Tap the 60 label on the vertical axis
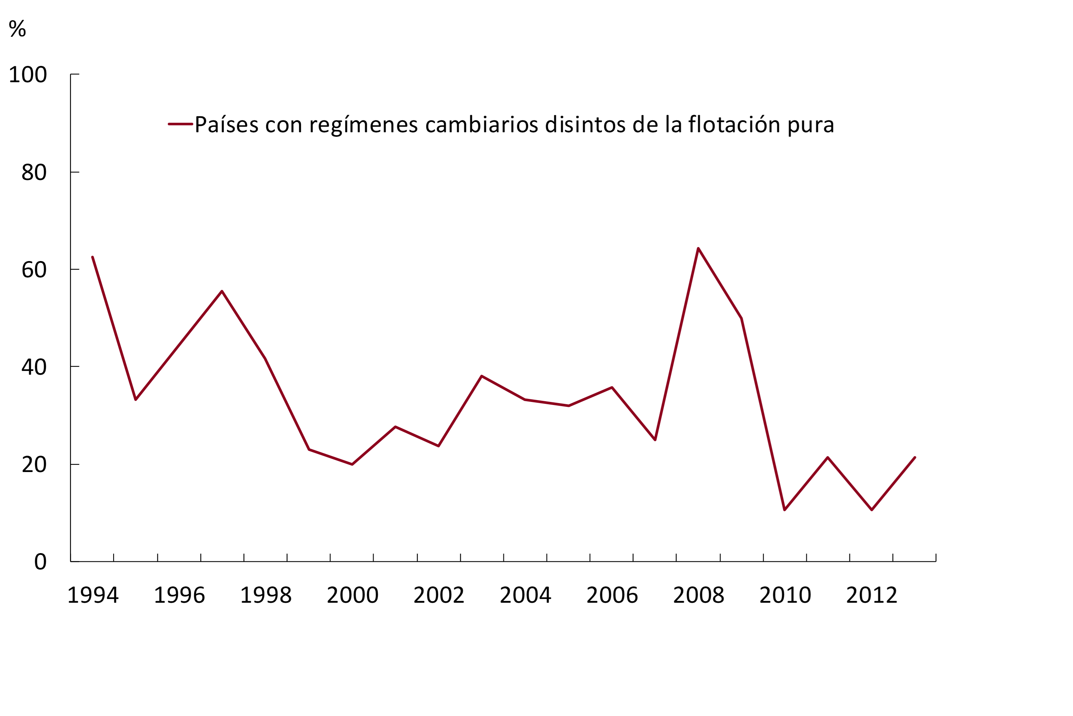(x=34, y=269)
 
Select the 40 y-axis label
(x=34, y=367)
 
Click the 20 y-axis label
(x=34, y=464)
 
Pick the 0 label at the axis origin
(x=40, y=562)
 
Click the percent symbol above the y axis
(x=17, y=29)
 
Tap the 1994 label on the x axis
(x=93, y=596)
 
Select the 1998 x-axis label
(x=266, y=596)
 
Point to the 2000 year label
(x=352, y=596)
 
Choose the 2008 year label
(x=698, y=596)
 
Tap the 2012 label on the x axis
(x=871, y=596)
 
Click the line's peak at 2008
(x=698, y=249)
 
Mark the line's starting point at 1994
(x=93, y=257)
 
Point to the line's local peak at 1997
(x=222, y=291)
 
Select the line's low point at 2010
(x=785, y=510)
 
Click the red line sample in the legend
(x=180, y=124)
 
